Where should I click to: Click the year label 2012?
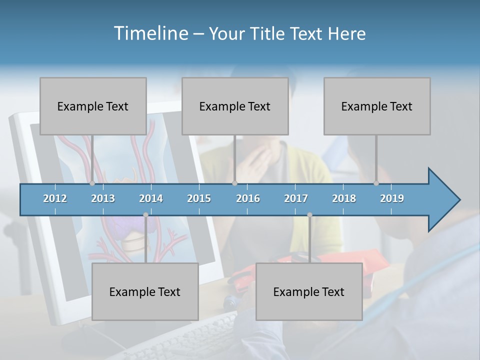click(55, 198)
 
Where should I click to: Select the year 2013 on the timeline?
click(103, 198)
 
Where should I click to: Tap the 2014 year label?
click(151, 198)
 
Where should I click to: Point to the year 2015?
click(199, 198)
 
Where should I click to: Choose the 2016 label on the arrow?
click(248, 198)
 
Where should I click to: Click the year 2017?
click(296, 198)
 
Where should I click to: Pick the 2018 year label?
click(344, 198)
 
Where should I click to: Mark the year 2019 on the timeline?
click(392, 198)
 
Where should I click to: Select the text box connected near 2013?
click(93, 106)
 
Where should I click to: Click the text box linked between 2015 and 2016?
click(235, 106)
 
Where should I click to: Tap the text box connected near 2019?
click(377, 106)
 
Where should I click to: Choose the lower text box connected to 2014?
click(145, 291)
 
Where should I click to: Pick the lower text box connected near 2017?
click(309, 291)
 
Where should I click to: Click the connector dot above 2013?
click(92, 183)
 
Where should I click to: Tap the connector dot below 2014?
click(145, 215)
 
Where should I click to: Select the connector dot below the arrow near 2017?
click(309, 215)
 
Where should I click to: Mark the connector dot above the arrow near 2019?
click(376, 183)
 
